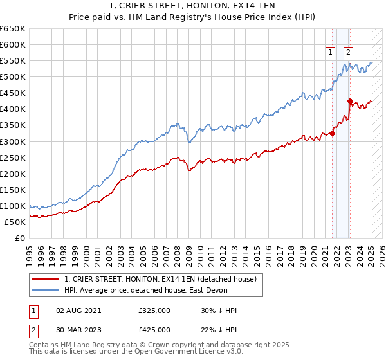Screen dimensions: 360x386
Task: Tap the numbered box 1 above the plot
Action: point(330,53)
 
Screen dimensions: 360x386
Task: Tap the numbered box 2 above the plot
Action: point(348,53)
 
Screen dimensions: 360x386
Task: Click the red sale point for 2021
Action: point(333,133)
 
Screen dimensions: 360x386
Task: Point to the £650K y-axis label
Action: point(12,29)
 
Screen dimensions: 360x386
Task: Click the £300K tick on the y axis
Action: point(12,141)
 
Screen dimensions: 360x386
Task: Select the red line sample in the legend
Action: point(45,279)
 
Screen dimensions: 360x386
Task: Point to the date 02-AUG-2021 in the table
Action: point(78,310)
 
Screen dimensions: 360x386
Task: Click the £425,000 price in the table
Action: point(154,330)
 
